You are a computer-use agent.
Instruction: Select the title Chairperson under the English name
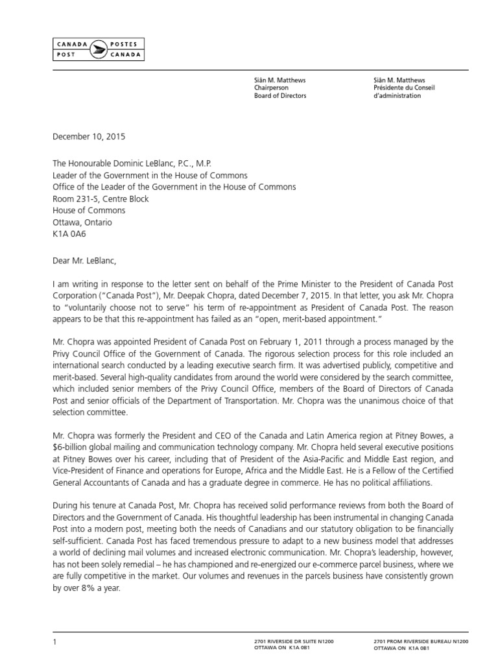click(270, 88)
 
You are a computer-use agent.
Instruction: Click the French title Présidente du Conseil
click(397, 88)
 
